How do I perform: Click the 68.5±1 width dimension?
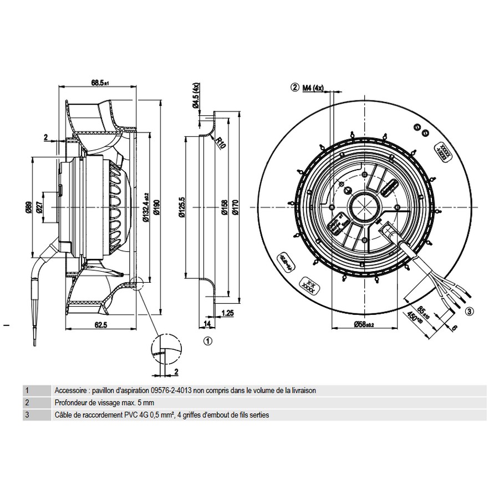100,83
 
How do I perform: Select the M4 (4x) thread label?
313,87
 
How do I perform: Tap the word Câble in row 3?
63,415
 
